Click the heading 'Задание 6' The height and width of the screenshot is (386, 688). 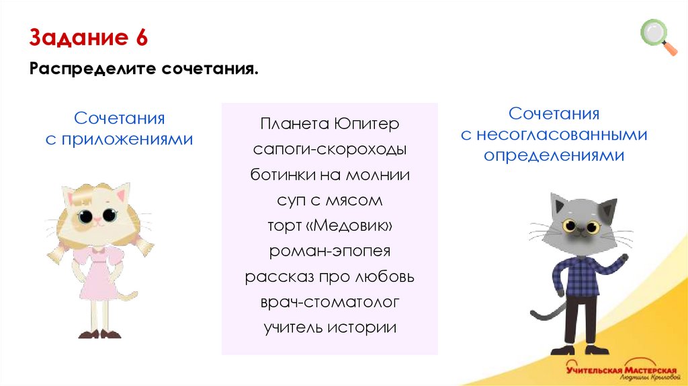tap(88, 38)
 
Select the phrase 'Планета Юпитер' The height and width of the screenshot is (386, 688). tap(329, 125)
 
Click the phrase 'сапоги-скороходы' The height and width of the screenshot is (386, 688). tap(329, 150)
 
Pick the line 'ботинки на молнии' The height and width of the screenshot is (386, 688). tap(329, 175)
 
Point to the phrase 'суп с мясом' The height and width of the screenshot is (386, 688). tap(329, 200)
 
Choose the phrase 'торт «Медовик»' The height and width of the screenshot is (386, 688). tap(329, 226)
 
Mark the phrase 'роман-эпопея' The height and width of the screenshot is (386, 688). tap(329, 252)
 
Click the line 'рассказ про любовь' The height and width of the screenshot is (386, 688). tap(329, 277)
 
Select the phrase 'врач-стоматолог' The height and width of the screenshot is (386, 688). tap(329, 303)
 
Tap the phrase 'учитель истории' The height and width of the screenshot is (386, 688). tap(329, 327)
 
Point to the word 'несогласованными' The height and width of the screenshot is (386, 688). tap(563, 135)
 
